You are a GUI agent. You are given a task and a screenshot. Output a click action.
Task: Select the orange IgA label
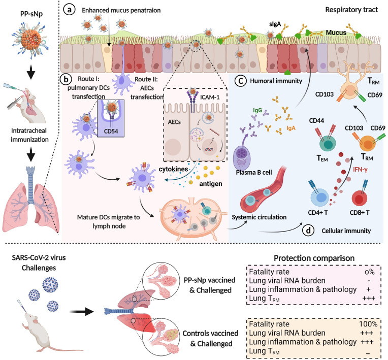pos(305,129)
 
